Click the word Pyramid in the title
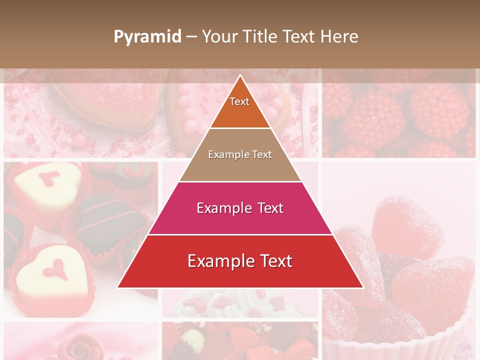tap(147, 37)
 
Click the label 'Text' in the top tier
tap(239, 101)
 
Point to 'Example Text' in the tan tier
tap(240, 154)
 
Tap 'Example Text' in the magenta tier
tap(240, 208)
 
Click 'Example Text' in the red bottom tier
tap(240, 261)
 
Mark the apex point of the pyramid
tap(240, 75)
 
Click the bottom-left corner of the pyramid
tap(118, 287)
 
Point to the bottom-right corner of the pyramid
tap(363, 287)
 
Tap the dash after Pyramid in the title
tap(191, 37)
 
